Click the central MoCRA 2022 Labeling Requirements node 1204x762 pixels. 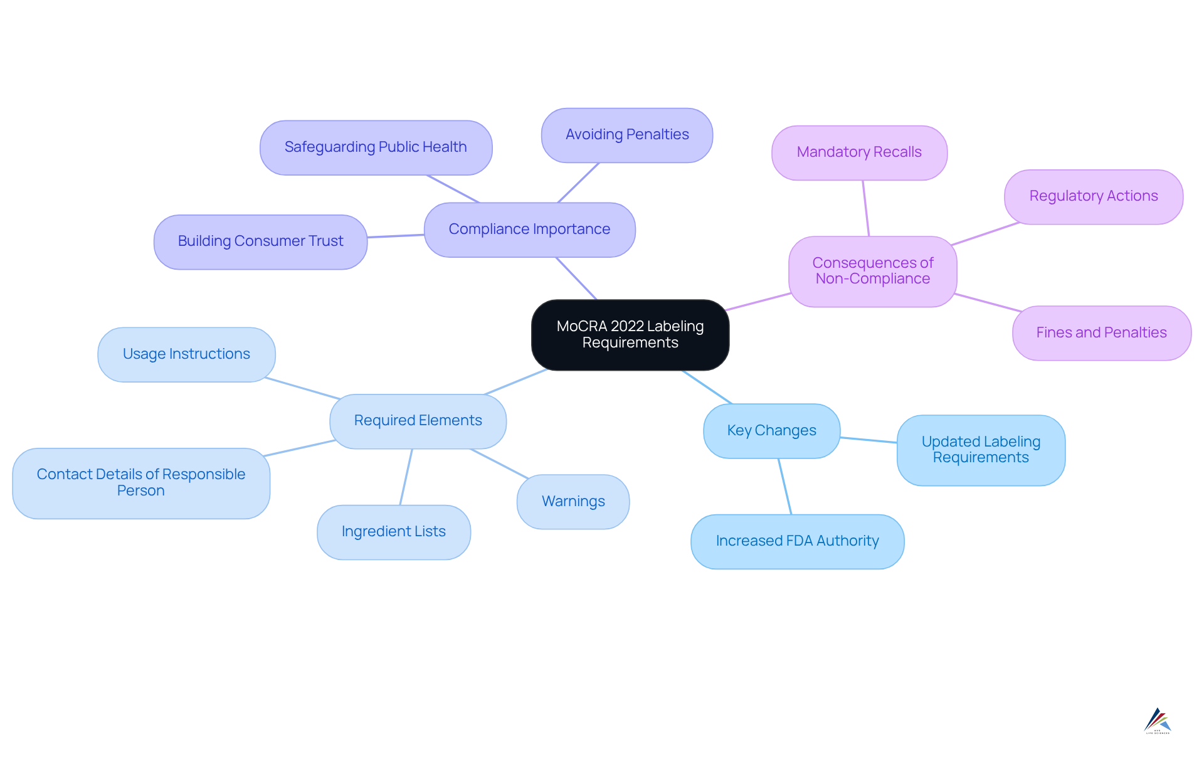(x=630, y=335)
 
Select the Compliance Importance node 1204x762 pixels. (x=529, y=230)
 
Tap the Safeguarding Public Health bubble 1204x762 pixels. (x=376, y=147)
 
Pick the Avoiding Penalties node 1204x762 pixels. (x=626, y=135)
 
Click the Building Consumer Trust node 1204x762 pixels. (x=260, y=241)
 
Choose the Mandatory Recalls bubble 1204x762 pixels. (x=858, y=152)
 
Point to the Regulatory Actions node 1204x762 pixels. (x=1093, y=196)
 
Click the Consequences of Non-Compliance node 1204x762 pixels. (x=872, y=271)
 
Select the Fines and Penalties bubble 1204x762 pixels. (x=1101, y=333)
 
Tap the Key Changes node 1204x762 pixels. (x=771, y=431)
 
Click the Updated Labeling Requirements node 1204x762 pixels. (x=981, y=450)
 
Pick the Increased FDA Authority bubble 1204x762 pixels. (x=797, y=541)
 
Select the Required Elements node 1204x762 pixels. (x=418, y=421)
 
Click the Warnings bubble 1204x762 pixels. (x=573, y=502)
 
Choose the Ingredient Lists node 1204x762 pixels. (x=393, y=532)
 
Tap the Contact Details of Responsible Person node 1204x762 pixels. (x=140, y=483)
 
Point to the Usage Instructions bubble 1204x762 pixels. (x=186, y=354)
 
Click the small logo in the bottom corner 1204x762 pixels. (x=1157, y=721)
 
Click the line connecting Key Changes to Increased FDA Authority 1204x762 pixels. (x=785, y=487)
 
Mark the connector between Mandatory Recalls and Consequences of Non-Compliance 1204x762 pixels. (x=866, y=208)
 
